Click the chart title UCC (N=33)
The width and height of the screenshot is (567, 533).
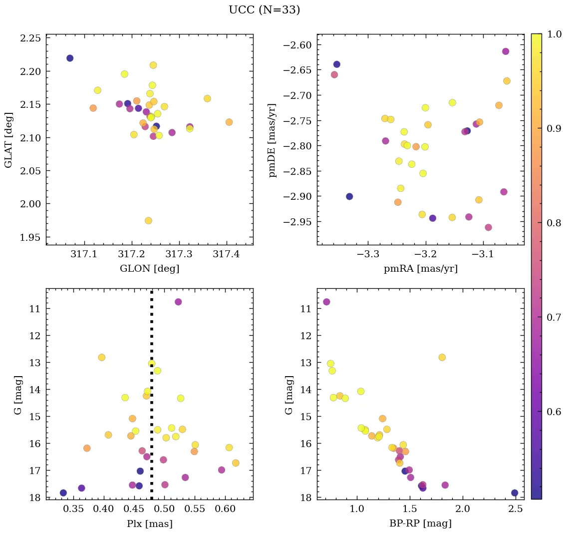coord(264,10)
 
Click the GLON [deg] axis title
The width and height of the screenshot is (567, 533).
coord(149,269)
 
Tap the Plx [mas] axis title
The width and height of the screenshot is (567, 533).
coord(149,524)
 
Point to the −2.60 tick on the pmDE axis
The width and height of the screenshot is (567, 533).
coord(297,45)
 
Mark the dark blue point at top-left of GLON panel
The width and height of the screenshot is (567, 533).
coord(70,58)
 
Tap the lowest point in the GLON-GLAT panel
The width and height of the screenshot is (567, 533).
coord(148,221)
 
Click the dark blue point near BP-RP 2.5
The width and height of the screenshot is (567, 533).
coord(515,493)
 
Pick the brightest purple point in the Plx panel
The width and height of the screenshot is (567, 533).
coord(178,302)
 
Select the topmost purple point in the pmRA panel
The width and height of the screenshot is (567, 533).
coord(506,51)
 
